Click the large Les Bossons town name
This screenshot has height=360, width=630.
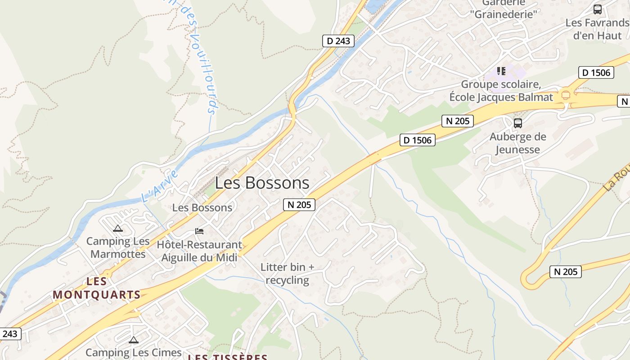coord(262,183)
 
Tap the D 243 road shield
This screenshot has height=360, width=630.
coord(338,41)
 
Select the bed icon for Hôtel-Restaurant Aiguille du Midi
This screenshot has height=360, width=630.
coord(199,231)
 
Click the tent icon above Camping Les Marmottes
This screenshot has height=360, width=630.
coord(118,229)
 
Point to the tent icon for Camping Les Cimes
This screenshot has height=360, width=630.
coord(133,340)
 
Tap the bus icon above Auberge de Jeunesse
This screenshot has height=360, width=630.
coord(518,123)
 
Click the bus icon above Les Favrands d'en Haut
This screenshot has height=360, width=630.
coord(598,9)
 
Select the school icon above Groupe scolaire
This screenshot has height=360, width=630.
coord(501,71)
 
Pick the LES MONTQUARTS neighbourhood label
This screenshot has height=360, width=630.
coord(97,288)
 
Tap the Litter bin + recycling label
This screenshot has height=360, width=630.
coord(288,274)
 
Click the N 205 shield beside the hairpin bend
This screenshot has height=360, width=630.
coord(566,271)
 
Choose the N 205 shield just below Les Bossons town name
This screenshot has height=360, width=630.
coord(299,205)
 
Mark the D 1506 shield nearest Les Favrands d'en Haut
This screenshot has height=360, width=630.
coord(596,72)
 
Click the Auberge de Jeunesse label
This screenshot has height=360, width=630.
coord(517,143)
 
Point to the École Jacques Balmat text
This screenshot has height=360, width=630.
coord(501,97)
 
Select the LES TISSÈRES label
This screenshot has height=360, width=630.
coord(227,357)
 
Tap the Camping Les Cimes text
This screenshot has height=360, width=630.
coord(133,352)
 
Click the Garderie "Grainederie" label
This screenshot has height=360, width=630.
coord(504,9)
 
